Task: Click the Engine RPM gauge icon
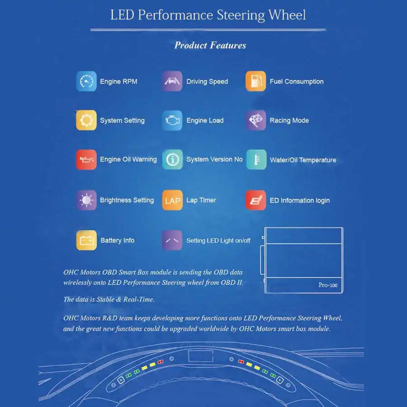click(86, 81)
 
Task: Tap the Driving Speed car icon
click(172, 81)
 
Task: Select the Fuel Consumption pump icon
click(256, 81)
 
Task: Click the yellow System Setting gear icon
click(86, 120)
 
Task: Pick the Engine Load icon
click(172, 120)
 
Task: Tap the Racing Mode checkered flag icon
click(256, 120)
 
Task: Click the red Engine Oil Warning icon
click(86, 160)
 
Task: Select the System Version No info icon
click(172, 160)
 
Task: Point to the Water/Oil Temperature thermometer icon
click(256, 160)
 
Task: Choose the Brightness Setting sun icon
click(86, 200)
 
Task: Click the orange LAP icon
click(172, 200)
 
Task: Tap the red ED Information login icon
click(256, 200)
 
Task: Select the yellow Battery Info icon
click(86, 240)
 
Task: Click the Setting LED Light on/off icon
click(172, 240)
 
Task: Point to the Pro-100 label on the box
click(328, 285)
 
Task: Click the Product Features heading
click(210, 45)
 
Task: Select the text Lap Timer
click(201, 200)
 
